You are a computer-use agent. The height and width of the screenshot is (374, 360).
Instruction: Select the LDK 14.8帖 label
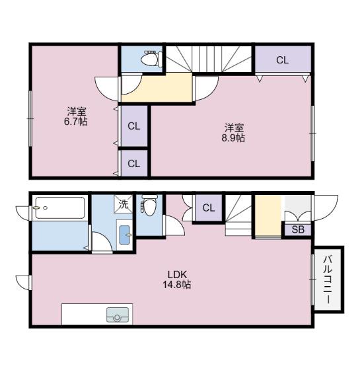176,280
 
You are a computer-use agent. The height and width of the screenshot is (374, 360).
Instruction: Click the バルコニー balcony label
328,280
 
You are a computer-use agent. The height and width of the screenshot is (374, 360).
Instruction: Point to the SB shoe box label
298,229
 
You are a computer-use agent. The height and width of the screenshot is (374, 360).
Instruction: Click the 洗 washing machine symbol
124,204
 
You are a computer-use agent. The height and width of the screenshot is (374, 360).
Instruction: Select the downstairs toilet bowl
149,205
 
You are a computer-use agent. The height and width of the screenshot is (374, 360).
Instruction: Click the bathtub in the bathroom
60,207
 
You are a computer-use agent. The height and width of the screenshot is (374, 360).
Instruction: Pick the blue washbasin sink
125,235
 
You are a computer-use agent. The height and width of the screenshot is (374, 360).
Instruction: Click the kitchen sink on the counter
118,315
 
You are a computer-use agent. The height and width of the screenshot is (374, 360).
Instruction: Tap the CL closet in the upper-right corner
283,59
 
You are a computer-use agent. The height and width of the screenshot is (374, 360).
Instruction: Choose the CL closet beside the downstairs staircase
209,207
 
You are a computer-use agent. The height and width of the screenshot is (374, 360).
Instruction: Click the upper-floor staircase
209,59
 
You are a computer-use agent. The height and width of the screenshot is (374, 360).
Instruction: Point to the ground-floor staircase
238,215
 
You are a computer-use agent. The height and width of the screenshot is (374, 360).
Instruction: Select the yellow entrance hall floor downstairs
268,215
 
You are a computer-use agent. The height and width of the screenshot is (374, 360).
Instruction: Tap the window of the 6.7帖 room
30,118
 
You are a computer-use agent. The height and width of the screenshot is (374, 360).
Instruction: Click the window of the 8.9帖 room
313,133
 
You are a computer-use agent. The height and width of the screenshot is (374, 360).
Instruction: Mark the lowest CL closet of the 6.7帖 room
134,164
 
